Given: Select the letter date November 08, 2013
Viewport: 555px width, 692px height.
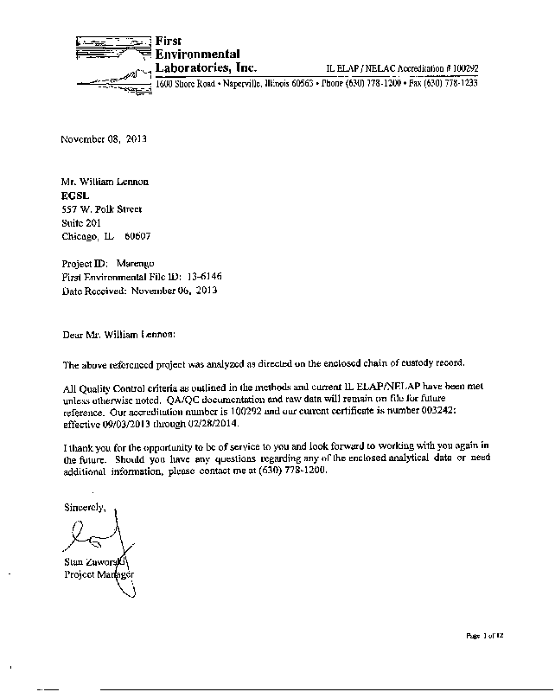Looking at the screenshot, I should [103, 139].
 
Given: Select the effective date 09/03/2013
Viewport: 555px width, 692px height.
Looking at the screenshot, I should [127, 426].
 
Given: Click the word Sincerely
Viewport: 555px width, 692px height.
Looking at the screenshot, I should [83, 507].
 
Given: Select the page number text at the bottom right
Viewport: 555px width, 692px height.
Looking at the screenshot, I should [485, 636].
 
